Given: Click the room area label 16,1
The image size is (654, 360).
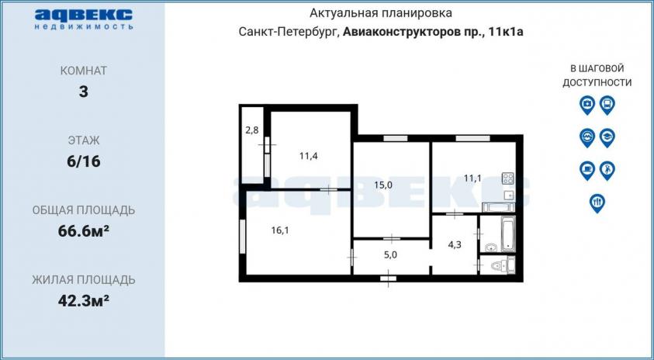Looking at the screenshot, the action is pyautogui.click(x=280, y=230).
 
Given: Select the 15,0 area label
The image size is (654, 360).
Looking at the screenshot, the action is pyautogui.click(x=384, y=186).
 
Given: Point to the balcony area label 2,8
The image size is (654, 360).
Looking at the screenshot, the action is pyautogui.click(x=252, y=130).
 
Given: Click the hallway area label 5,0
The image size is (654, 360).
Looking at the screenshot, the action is pyautogui.click(x=390, y=255).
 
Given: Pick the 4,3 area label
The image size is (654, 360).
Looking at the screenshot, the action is pyautogui.click(x=455, y=244).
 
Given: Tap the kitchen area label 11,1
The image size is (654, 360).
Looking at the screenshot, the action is pyautogui.click(x=472, y=178).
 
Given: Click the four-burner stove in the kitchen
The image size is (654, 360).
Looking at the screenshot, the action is pyautogui.click(x=508, y=178).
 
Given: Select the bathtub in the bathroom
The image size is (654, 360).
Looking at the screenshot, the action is pyautogui.click(x=508, y=234).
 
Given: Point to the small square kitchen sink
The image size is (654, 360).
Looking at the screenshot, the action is pyautogui.click(x=509, y=195).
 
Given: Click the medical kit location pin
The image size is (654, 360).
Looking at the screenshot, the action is pyautogui.click(x=587, y=105).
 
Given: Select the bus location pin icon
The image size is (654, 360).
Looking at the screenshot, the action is pyautogui.click(x=607, y=105).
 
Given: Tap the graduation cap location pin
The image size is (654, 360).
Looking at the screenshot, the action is pyautogui.click(x=607, y=137).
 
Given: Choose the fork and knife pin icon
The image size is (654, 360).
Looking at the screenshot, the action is pyautogui.click(x=597, y=203).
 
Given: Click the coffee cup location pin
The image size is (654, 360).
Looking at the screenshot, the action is pyautogui.click(x=587, y=171).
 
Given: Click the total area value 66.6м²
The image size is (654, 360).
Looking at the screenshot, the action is pyautogui.click(x=84, y=230).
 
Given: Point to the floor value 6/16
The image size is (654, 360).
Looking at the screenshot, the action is pyautogui.click(x=84, y=161).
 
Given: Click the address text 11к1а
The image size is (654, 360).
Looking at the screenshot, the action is pyautogui.click(x=507, y=33).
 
